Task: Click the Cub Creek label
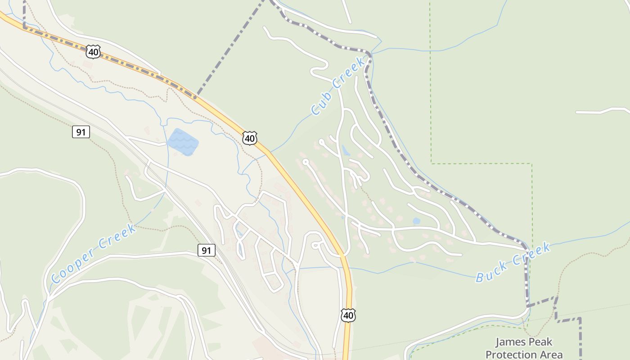point(337,86)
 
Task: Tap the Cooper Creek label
point(93,253)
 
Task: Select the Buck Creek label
point(513,262)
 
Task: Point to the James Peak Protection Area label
point(524,348)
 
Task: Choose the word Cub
point(320,104)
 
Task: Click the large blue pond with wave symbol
point(183,142)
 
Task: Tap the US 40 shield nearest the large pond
point(250,138)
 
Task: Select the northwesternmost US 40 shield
point(93,51)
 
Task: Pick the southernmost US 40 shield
point(348,315)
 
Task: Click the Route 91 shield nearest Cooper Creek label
point(207,250)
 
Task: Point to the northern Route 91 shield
point(81,132)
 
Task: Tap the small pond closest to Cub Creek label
point(346,150)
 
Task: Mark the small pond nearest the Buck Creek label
point(416,221)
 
